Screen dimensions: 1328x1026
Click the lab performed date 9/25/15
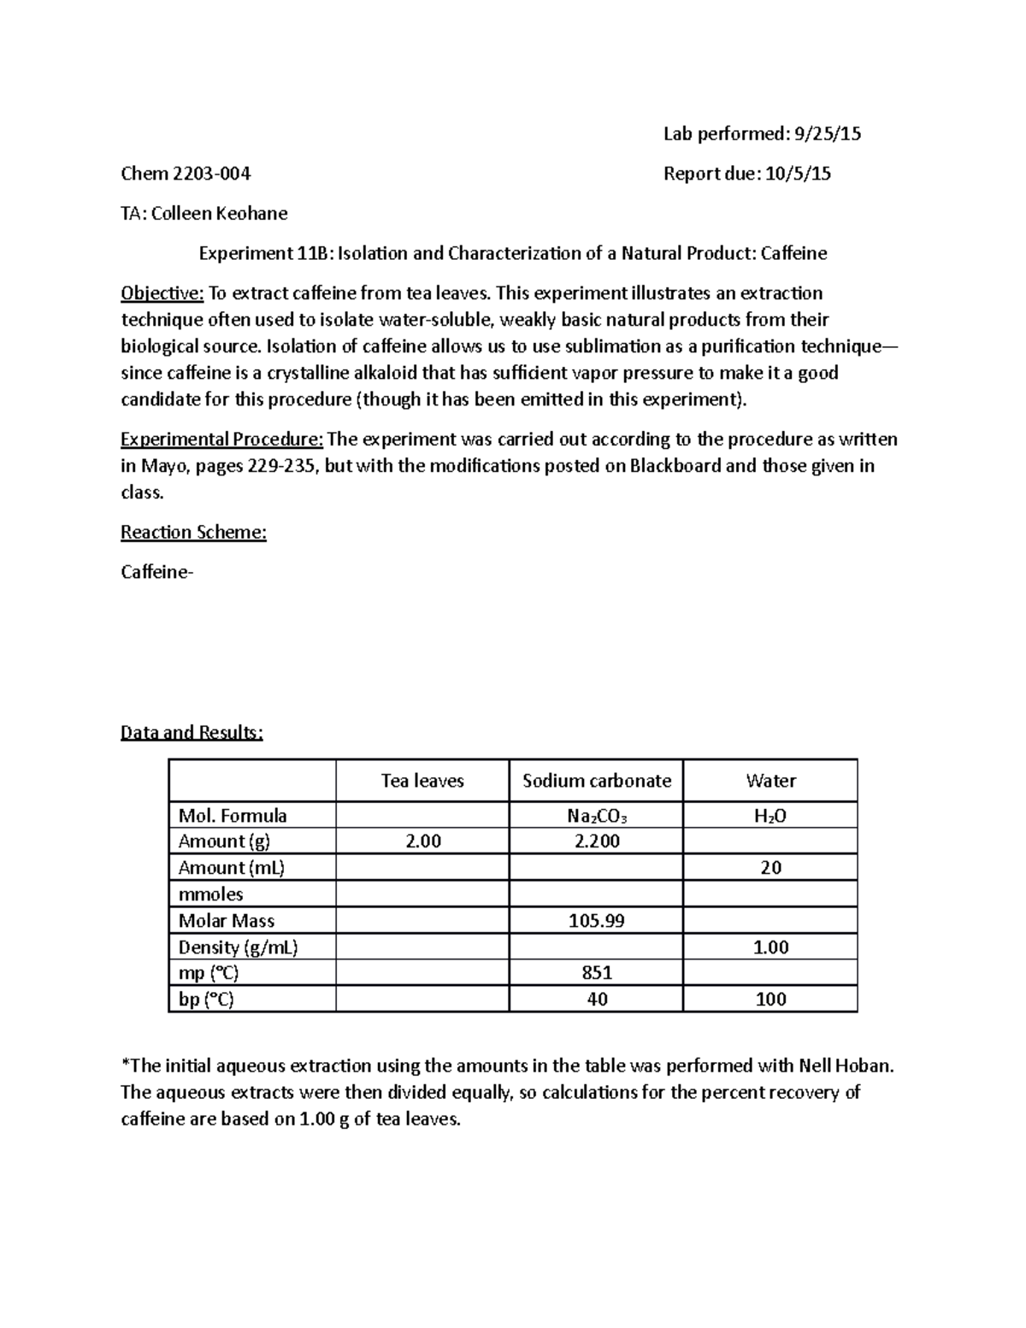click(828, 133)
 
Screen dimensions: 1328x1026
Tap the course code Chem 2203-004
click(186, 174)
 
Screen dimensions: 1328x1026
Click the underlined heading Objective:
click(162, 293)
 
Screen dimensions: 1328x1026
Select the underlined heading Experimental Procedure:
click(221, 440)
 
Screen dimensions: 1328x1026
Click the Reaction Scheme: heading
click(193, 532)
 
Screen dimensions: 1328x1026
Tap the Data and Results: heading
click(192, 732)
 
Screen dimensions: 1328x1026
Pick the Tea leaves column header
click(422, 781)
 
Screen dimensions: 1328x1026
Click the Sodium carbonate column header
click(597, 781)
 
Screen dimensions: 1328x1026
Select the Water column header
click(770, 781)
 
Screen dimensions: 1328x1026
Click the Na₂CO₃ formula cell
click(597, 816)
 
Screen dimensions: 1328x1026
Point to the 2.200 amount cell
click(597, 841)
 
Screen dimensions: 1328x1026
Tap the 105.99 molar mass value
click(597, 921)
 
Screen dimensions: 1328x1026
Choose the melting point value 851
click(597, 972)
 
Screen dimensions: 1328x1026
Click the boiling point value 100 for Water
click(770, 999)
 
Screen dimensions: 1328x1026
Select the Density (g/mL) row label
click(238, 947)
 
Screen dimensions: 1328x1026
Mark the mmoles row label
click(210, 894)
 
